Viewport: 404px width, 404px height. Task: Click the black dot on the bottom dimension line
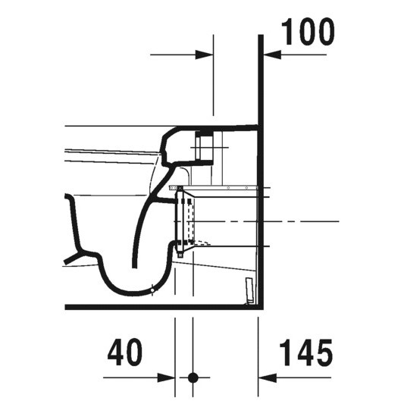[193, 377]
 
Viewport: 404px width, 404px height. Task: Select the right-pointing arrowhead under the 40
[168, 377]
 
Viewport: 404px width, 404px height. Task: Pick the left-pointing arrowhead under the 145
[266, 377]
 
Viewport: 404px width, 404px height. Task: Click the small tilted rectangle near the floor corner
[247, 290]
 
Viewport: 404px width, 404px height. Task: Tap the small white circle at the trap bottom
[152, 288]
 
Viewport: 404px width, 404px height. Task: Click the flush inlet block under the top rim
[202, 146]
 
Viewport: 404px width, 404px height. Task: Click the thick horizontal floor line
[152, 308]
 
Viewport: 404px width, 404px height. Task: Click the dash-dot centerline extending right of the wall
[303, 221]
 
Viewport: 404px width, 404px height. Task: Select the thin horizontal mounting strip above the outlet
[220, 186]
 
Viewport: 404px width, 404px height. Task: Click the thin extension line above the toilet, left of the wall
[214, 83]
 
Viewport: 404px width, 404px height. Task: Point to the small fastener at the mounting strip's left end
[174, 186]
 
